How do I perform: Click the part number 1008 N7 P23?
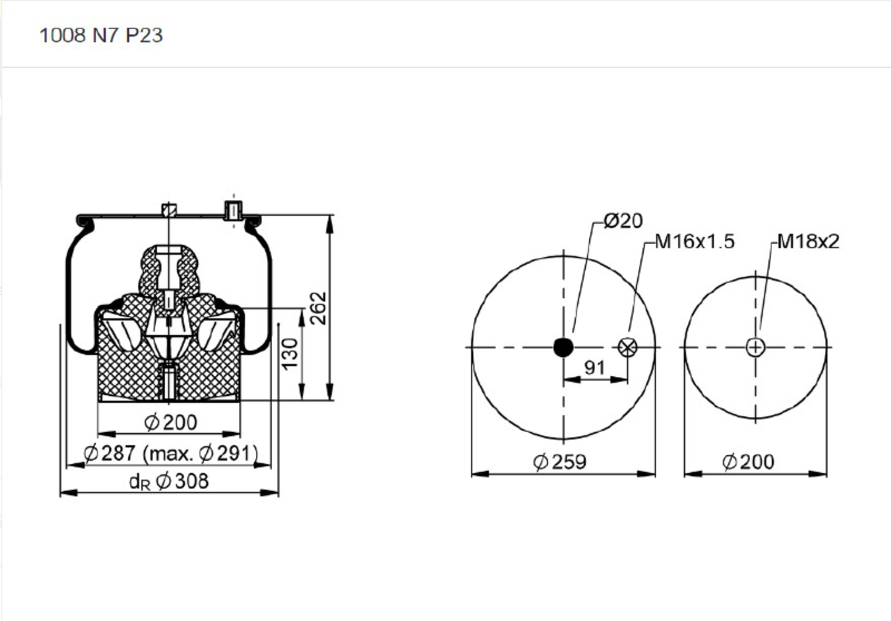(x=100, y=35)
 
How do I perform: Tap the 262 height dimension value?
(x=319, y=308)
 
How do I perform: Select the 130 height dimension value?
(x=289, y=353)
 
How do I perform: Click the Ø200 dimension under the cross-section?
(x=170, y=422)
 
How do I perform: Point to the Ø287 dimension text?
(x=110, y=453)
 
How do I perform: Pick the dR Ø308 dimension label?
(x=169, y=481)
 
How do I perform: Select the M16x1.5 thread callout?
(x=694, y=242)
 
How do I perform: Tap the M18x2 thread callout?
(x=808, y=242)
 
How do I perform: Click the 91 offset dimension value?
(x=595, y=367)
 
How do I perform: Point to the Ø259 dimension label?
(x=560, y=461)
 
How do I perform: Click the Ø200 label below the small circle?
(x=748, y=461)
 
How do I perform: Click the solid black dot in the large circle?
(x=563, y=347)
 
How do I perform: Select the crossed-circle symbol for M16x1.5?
(x=627, y=347)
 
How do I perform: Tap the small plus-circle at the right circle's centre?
(x=755, y=347)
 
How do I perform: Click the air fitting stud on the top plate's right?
(x=233, y=211)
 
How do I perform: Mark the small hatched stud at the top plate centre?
(x=169, y=210)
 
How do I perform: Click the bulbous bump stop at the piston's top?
(x=169, y=270)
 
